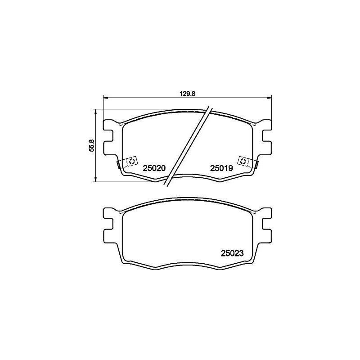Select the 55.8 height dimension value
(x=91, y=145)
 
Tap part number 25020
(x=154, y=168)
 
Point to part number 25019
(x=220, y=168)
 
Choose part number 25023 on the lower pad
(x=232, y=253)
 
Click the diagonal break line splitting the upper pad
(x=188, y=146)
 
